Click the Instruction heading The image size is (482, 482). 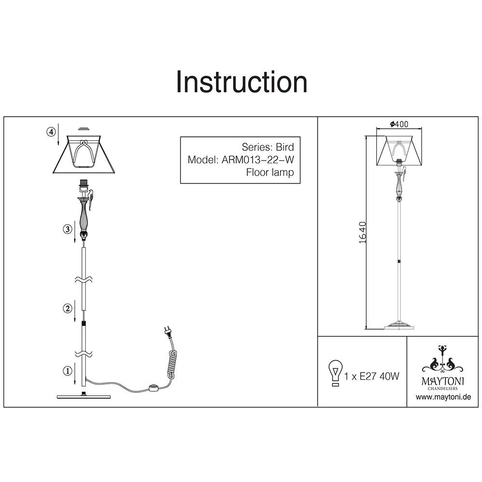pyautogui.click(x=241, y=82)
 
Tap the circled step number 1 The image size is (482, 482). pyautogui.click(x=67, y=371)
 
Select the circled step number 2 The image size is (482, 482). pyautogui.click(x=67, y=308)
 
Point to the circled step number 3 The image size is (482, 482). pyautogui.click(x=67, y=229)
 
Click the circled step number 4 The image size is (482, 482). pyautogui.click(x=51, y=132)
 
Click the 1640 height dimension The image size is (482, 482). pyautogui.click(x=363, y=232)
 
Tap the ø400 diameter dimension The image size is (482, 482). pyautogui.click(x=399, y=124)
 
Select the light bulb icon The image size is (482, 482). pyautogui.click(x=335, y=373)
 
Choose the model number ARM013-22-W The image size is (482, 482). pyautogui.click(x=257, y=160)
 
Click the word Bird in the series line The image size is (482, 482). pyautogui.click(x=285, y=147)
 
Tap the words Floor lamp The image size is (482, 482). pyautogui.click(x=270, y=173)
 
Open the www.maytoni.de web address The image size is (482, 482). pyautogui.click(x=443, y=397)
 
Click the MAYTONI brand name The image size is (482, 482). pyautogui.click(x=442, y=381)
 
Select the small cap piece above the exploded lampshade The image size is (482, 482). pyautogui.click(x=83, y=129)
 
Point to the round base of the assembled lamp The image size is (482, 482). pyautogui.click(x=399, y=326)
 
